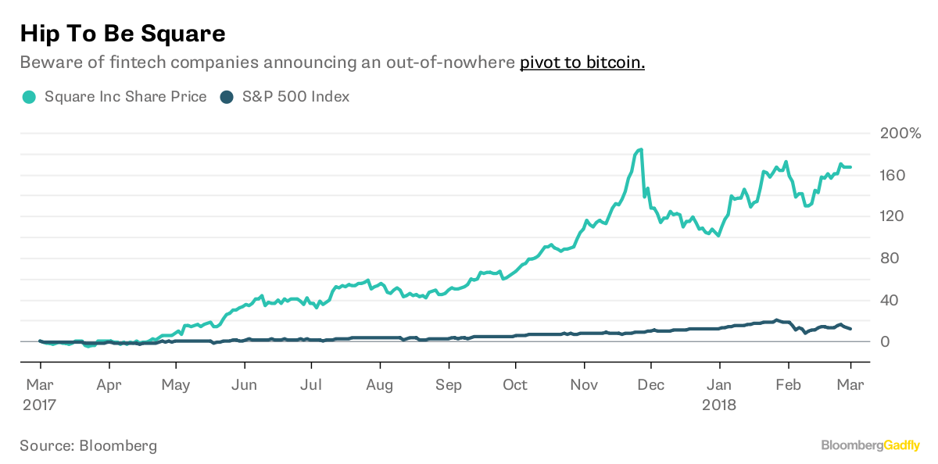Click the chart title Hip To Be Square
tap(123, 34)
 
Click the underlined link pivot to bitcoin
tap(582, 62)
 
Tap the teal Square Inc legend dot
tap(29, 97)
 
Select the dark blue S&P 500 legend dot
tap(227, 97)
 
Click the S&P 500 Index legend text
tap(295, 97)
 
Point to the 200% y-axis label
tap(900, 133)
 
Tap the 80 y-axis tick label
tap(889, 258)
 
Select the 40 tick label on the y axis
tap(889, 300)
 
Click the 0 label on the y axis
tap(885, 341)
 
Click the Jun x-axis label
tap(244, 384)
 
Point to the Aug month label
tap(380, 385)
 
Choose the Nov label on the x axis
tap(584, 384)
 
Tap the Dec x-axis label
tap(650, 384)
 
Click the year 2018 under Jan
tap(719, 405)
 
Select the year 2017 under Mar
tap(39, 405)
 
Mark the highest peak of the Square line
tap(641, 149)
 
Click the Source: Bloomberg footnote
tap(88, 445)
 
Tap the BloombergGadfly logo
tap(871, 445)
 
